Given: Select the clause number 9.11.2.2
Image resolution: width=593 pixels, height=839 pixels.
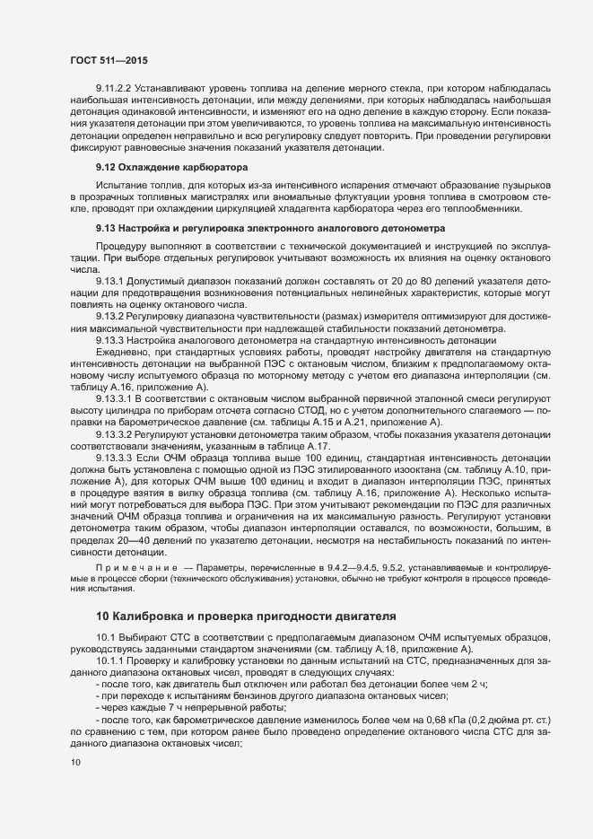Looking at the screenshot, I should click(114, 88).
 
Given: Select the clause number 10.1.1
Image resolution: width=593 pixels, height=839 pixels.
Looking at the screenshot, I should click(111, 660).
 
